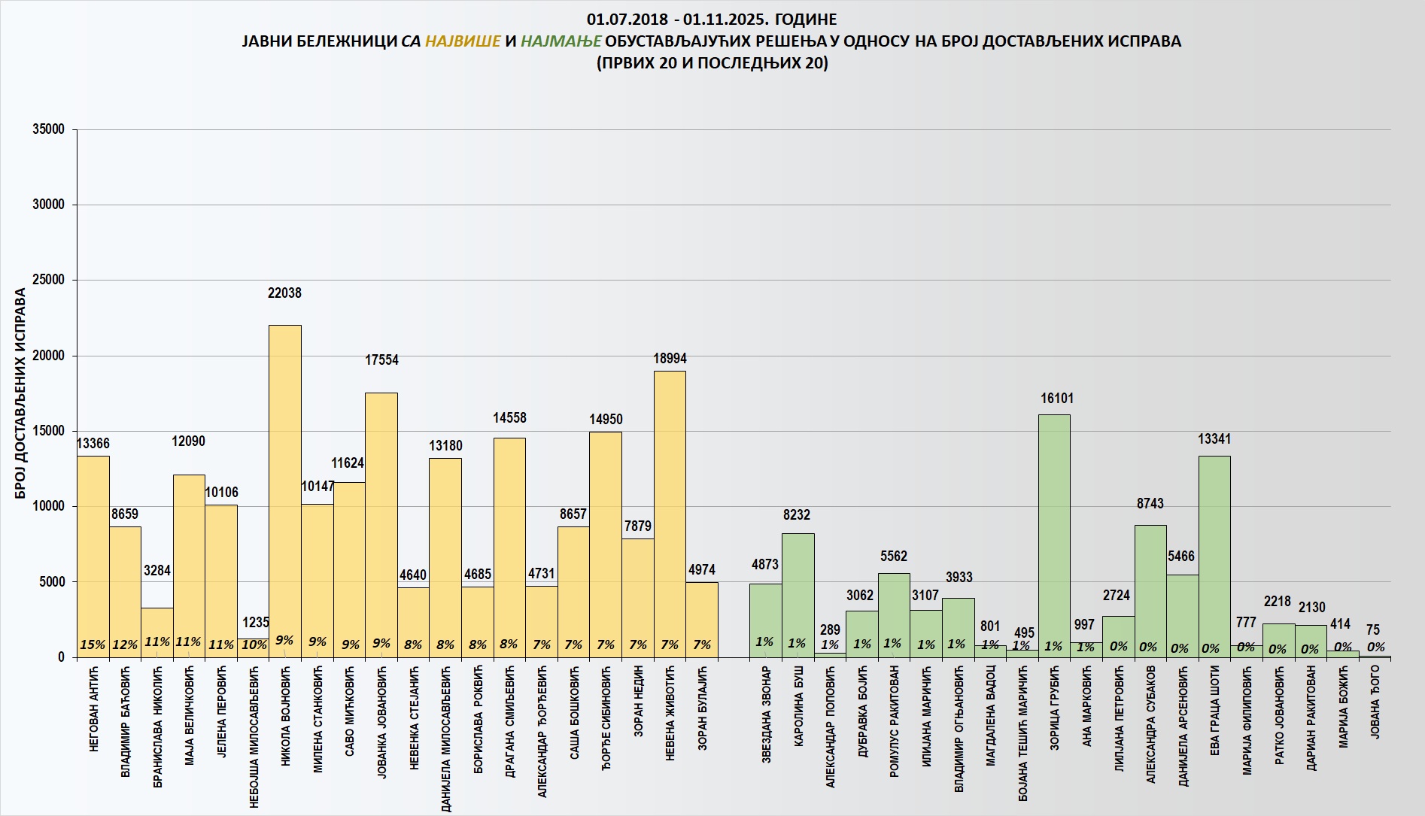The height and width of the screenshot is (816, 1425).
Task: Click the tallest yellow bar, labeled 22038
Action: coord(285,489)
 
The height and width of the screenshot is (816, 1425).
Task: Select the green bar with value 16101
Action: coord(1054,534)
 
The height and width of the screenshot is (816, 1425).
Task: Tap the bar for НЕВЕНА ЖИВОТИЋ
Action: coord(670,511)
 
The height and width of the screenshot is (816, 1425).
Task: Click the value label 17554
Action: coord(381,360)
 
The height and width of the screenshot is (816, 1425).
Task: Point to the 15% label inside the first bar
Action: coord(93,645)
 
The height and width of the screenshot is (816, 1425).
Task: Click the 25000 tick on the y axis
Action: coord(48,280)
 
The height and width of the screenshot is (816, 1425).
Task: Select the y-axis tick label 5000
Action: coord(51,581)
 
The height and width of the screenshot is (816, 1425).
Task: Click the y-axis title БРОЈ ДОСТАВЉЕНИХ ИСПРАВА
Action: coord(20,393)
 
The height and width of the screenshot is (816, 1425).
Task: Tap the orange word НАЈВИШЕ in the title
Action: coord(463,41)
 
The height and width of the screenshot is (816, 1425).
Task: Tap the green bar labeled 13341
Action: coord(1214,557)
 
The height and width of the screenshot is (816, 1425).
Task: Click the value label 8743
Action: coord(1150,504)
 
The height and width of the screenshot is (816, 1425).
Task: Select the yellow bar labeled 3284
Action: coord(157,632)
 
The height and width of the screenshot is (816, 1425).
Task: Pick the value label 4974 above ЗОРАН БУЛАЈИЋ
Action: coord(701,570)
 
